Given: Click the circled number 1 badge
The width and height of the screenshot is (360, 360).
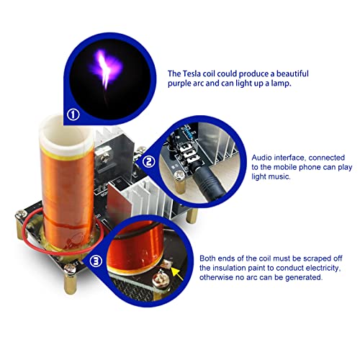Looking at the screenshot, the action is click(73, 114).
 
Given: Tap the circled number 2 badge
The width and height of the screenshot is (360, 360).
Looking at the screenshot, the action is click(149, 161).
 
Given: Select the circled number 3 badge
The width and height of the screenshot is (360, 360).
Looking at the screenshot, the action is click(96, 261).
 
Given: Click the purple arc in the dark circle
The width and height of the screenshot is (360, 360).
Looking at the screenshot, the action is click(106, 70).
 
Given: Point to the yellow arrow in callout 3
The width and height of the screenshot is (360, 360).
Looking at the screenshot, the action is click(177, 274).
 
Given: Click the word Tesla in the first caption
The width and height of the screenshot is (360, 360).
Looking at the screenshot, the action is click(192, 73).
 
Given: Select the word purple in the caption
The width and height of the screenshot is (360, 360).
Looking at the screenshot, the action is click(179, 84).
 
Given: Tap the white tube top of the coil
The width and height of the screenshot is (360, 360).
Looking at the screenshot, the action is click(66, 135).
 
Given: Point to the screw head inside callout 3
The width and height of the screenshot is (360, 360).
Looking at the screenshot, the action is click(158, 279).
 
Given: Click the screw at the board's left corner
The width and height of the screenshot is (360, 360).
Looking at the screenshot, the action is click(21, 213).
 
